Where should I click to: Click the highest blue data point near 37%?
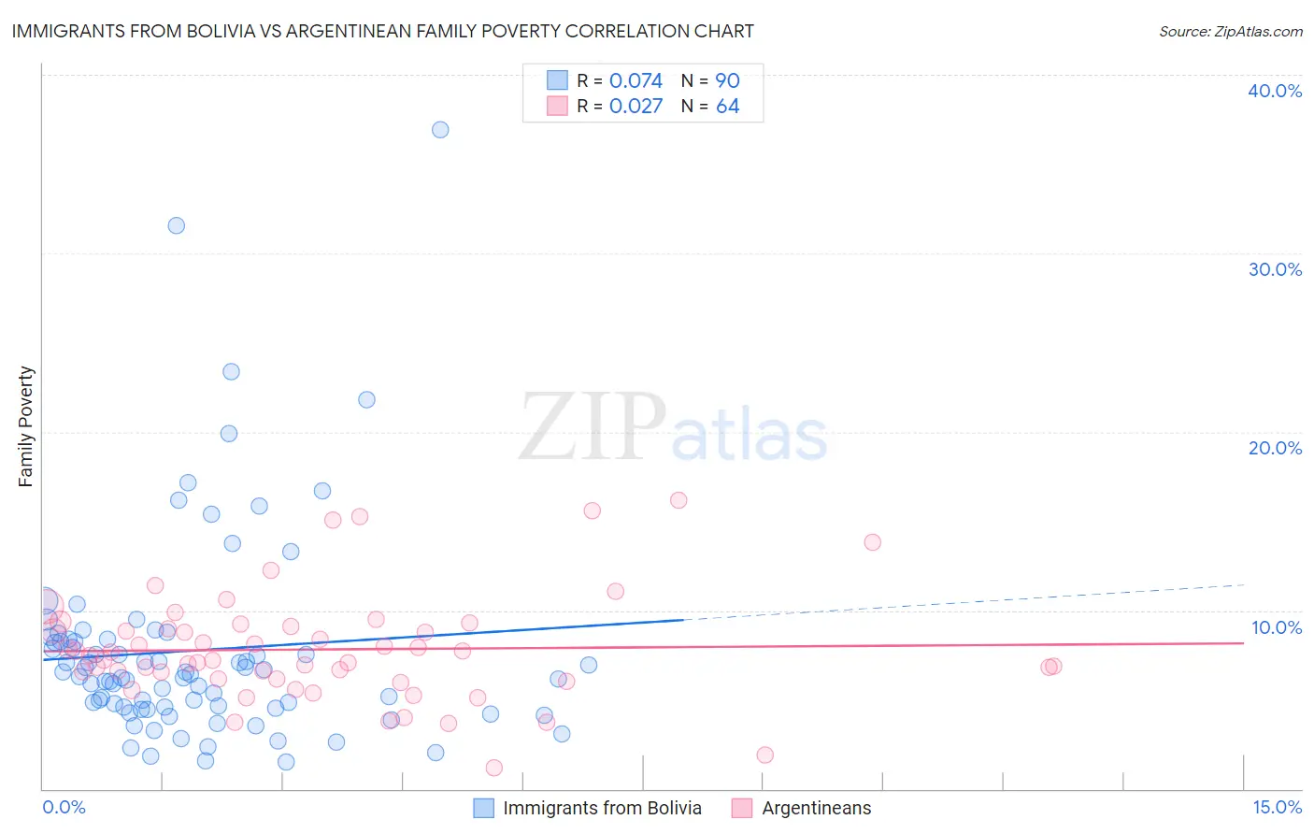point(440,130)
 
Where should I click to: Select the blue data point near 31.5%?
point(176,225)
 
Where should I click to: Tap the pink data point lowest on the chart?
point(494,768)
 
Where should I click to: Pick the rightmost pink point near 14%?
point(873,542)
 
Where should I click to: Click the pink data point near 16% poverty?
point(678,500)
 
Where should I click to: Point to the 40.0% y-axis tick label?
point(1275,91)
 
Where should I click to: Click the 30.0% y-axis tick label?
point(1275,269)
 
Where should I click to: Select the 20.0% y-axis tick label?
point(1275,448)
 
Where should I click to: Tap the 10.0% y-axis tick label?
point(1275,627)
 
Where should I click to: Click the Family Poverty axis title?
point(26,426)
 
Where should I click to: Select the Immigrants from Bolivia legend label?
point(602,808)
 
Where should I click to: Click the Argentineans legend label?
point(816,808)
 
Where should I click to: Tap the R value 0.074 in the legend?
point(636,81)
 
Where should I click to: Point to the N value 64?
point(727,107)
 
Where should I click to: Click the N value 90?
point(727,81)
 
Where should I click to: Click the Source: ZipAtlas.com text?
point(1230,32)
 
